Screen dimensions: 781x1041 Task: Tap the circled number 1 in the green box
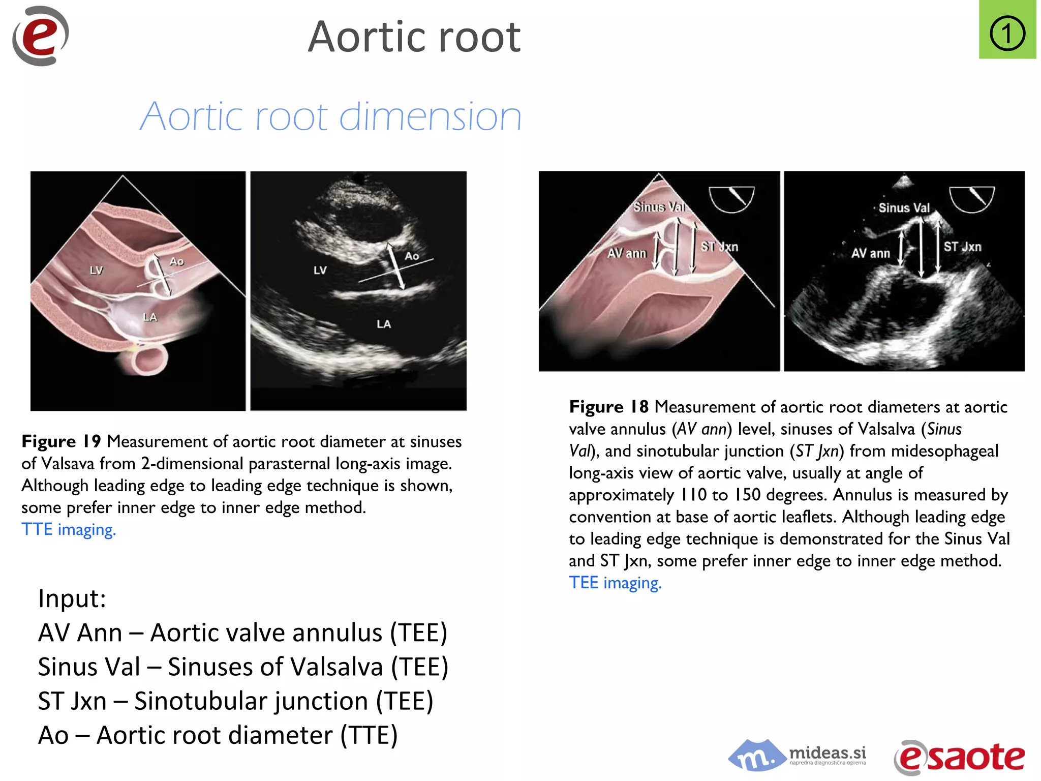(1007, 34)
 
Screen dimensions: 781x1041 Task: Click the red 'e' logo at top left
(41, 36)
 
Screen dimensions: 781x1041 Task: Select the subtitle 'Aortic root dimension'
(330, 116)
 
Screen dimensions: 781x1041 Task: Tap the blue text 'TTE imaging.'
(69, 530)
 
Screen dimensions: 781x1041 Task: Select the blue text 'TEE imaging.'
(615, 583)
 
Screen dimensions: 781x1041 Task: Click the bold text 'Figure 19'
(61, 441)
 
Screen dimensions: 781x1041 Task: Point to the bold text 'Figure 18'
(608, 407)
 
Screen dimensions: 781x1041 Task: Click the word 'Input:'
(72, 598)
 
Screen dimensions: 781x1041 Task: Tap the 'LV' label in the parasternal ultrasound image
(320, 270)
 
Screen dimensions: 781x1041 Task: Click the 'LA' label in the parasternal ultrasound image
(384, 324)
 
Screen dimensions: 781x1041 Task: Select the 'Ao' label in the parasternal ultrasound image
(412, 256)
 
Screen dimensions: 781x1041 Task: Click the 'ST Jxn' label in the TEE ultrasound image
(962, 247)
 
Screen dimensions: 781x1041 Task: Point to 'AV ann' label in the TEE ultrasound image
(870, 253)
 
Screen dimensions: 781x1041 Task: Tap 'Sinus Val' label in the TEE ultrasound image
(904, 208)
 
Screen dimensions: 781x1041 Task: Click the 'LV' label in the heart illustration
(96, 270)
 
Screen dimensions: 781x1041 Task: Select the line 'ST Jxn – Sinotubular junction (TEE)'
(235, 701)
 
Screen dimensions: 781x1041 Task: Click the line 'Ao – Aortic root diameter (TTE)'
(218, 735)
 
